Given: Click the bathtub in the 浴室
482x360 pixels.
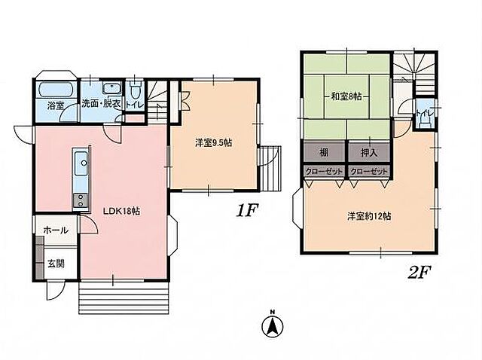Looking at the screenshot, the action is [x=56, y=90].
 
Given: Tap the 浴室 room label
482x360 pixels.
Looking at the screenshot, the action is [x=56, y=105].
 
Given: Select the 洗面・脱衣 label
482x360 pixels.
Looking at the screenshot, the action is [x=101, y=104].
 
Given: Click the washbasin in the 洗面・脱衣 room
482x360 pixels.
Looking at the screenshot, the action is [x=112, y=89].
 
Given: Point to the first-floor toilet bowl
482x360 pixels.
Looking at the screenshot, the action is [x=135, y=90].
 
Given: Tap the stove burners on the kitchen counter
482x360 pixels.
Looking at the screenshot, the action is [x=81, y=200].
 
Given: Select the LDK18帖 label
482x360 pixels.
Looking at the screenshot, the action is [x=122, y=211].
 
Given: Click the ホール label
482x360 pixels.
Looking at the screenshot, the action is [x=56, y=230].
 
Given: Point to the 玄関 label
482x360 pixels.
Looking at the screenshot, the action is [x=56, y=264].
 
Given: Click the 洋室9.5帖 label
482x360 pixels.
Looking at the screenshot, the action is [x=214, y=142].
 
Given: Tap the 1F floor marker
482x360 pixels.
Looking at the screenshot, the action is [x=246, y=211].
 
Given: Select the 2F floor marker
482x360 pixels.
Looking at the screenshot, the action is [x=419, y=273].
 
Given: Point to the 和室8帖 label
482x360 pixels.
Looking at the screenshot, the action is [x=346, y=96].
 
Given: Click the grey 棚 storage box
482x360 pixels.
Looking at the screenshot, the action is [x=325, y=151].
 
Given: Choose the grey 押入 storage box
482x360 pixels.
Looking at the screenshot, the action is [x=369, y=151].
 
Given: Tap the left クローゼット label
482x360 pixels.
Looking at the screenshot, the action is [x=324, y=172].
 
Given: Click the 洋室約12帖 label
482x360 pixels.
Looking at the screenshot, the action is [x=370, y=216].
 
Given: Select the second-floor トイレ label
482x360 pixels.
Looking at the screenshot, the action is [x=425, y=113].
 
